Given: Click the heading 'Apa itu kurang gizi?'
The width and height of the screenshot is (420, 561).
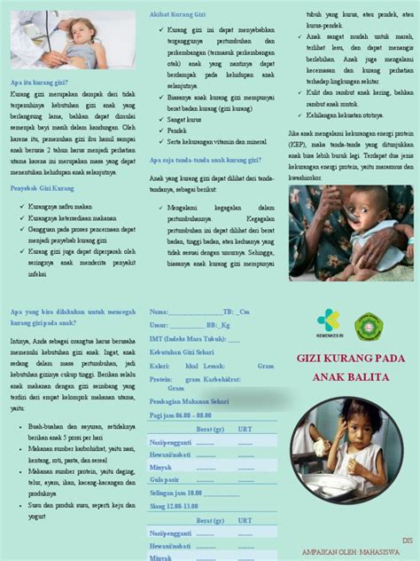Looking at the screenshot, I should click(39, 82).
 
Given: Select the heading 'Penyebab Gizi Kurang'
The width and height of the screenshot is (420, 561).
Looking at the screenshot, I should click(42, 189).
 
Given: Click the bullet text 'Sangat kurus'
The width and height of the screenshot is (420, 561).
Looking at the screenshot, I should click(184, 118).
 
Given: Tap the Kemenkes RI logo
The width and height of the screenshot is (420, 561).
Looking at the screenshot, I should click(328, 325).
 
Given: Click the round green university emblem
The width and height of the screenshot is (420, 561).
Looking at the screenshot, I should click(369, 327).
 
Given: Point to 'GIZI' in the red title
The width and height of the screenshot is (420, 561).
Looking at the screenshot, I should click(310, 360).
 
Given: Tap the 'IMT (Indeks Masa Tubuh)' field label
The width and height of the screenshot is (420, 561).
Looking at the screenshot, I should click(187, 339).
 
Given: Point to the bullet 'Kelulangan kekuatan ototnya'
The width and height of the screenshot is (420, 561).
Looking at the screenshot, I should click(345, 115).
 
